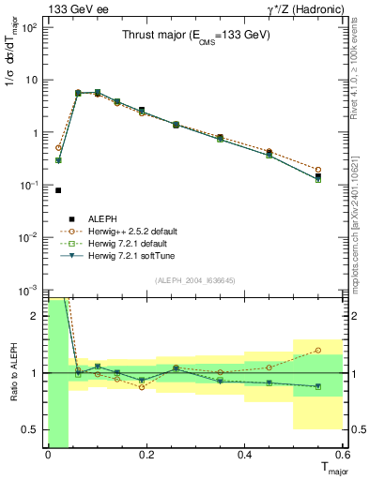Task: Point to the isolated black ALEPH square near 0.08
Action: [x=58, y=190]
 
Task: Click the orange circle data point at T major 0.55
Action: [x=318, y=170]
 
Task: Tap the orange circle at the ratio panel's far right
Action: [x=318, y=351]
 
